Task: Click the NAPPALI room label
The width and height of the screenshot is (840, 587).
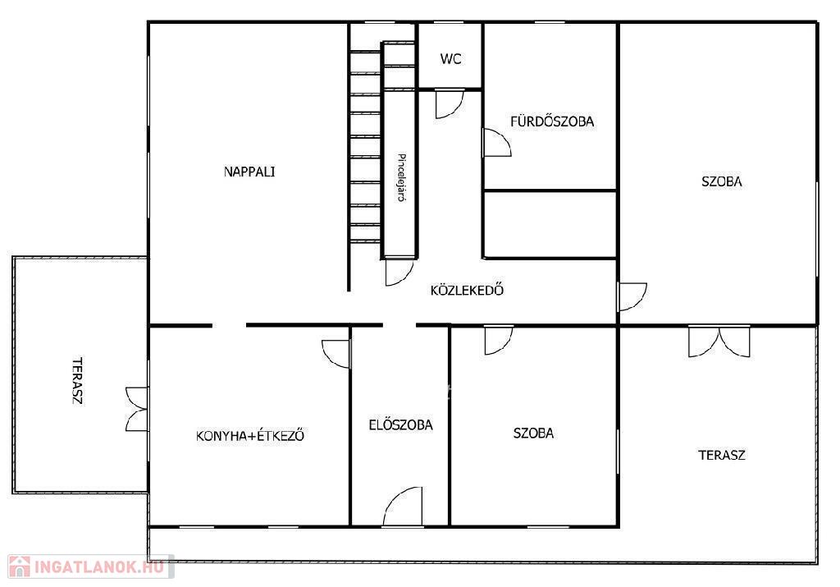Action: (249, 172)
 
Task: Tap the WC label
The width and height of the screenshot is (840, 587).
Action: (450, 59)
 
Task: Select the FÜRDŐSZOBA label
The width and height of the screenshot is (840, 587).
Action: (552, 121)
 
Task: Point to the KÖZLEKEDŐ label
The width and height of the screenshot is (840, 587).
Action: (467, 290)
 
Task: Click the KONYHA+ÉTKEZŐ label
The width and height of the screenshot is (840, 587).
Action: (250, 435)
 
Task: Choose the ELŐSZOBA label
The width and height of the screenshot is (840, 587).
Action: (400, 424)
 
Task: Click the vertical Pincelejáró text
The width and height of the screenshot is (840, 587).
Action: (401, 177)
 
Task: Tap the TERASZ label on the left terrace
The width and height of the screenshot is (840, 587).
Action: (78, 381)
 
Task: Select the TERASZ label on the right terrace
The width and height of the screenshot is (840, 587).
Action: (722, 455)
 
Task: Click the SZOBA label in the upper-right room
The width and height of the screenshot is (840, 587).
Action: (722, 181)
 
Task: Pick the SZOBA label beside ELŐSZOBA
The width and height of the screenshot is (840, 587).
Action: (533, 433)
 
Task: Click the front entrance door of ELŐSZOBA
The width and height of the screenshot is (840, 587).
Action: (402, 506)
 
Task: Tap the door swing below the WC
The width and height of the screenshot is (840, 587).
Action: (449, 103)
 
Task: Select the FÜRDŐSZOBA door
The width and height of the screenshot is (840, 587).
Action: (496, 143)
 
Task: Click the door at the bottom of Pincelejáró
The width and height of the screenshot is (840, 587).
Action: (399, 273)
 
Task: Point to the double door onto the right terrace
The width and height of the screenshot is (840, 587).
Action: (719, 341)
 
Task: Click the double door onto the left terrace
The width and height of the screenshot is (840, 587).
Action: (137, 409)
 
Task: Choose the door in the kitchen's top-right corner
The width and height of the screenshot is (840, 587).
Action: (336, 354)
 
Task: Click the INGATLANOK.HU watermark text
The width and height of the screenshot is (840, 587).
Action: (98, 566)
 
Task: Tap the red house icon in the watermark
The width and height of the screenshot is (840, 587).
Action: (20, 566)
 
